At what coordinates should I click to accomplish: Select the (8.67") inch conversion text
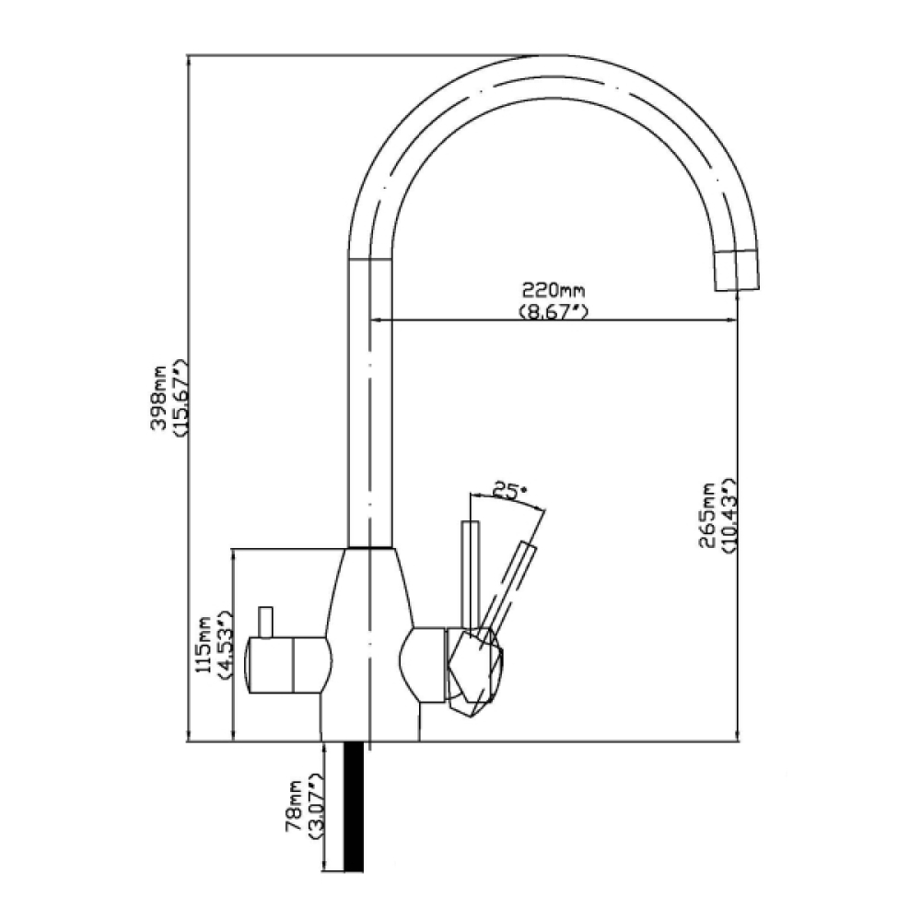(x=554, y=311)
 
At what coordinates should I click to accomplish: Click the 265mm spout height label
(x=709, y=517)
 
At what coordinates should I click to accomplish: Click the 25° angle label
(x=504, y=492)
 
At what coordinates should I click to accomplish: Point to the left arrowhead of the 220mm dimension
(x=376, y=321)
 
